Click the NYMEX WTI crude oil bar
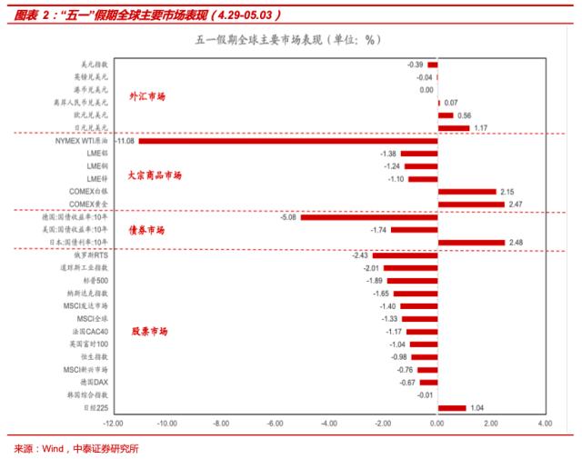coord(287,141)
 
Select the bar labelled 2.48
coord(471,243)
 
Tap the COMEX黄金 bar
coord(471,205)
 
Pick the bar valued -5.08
coord(369,217)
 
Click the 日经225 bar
coord(452,408)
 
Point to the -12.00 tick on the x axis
coord(113,424)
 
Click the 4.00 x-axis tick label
coord(545,424)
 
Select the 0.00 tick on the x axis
coord(437,424)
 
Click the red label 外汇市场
coord(147,95)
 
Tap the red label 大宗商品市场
coord(154,175)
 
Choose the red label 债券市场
coord(146,231)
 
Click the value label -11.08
coord(125,141)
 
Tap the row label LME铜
coord(96,166)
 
